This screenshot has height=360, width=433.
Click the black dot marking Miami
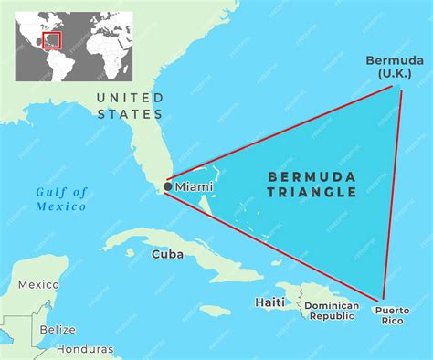167,186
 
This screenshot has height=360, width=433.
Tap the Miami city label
194,186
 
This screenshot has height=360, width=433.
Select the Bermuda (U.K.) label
395,67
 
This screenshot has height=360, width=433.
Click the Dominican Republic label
332,311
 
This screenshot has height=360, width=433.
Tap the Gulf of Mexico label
62,198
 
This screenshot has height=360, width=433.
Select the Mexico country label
38,284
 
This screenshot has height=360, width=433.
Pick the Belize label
58,329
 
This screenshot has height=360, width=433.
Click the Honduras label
85,349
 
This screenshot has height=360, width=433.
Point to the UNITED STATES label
131,105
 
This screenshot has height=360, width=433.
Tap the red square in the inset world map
52,40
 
